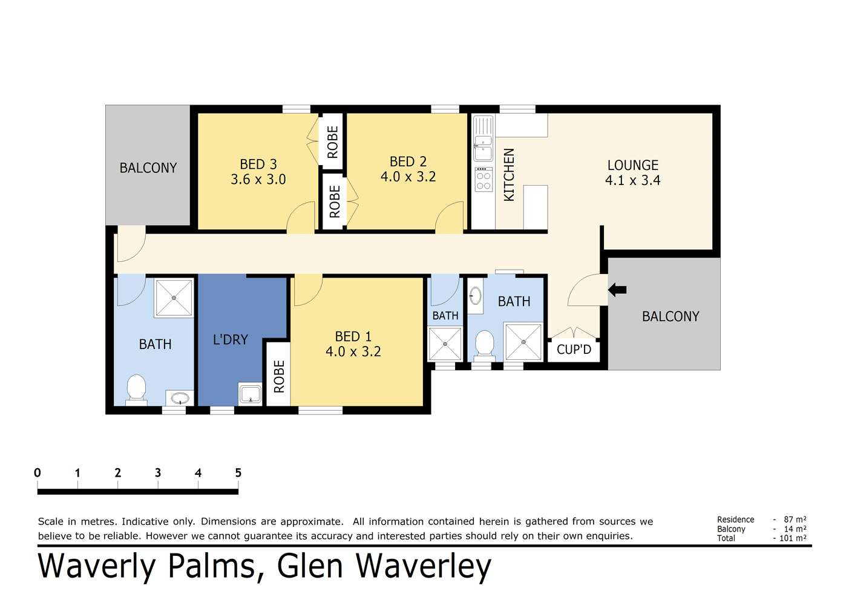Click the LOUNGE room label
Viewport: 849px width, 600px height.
coord(632,165)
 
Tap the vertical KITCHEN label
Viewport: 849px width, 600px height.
coord(509,175)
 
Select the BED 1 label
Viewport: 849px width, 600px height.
coord(353,336)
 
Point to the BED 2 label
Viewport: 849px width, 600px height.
coord(408,161)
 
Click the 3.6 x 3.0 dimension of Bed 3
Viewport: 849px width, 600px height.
coord(258,180)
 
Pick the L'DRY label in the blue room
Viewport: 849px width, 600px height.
coord(231,340)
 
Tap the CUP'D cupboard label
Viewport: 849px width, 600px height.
coord(574,350)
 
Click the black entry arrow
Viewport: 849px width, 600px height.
coord(617,290)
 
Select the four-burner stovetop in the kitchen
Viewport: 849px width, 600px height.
coord(484,180)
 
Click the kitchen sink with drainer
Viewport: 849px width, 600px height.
coord(483,138)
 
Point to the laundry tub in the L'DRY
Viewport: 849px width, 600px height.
coord(250,394)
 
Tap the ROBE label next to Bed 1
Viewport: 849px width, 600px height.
coord(279,377)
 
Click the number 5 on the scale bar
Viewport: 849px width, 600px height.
coord(238,473)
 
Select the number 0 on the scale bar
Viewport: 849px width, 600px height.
coord(38,473)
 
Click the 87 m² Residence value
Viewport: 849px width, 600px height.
coord(795,520)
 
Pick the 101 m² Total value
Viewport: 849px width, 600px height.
coord(793,538)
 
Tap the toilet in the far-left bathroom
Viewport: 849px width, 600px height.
coord(136,389)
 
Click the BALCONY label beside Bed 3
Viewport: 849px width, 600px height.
coord(148,168)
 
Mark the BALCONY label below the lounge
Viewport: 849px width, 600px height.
coord(670,316)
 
